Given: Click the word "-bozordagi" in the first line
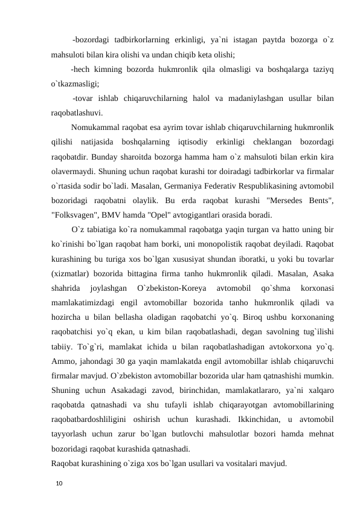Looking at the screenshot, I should pos(91,41).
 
